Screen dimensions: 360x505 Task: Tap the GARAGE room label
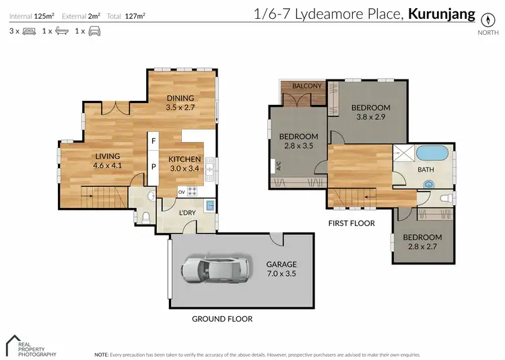(281, 264)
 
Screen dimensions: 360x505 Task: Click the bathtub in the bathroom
(430, 153)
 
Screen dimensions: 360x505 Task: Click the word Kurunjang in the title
(442, 14)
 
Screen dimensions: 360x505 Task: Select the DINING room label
(180, 98)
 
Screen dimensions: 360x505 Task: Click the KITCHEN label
(184, 159)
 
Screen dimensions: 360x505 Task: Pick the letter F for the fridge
(154, 141)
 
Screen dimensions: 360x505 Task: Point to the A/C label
(279, 166)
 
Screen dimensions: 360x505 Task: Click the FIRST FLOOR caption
(351, 223)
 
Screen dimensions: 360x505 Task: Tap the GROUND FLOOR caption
(222, 319)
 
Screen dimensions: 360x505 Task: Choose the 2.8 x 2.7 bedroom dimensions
(422, 247)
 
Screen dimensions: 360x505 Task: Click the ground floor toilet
(145, 217)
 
